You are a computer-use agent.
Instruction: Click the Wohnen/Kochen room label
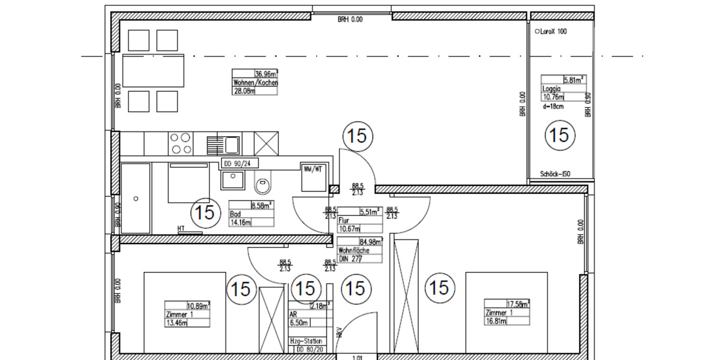255,83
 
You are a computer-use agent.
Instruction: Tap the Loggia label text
551,88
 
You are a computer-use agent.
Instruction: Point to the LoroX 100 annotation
551,32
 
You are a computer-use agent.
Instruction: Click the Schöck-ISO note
554,174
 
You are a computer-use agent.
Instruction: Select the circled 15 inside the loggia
559,135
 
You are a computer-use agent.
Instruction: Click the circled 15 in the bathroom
205,212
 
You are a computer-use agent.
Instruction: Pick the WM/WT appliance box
313,170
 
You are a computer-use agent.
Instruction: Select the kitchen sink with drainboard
223,143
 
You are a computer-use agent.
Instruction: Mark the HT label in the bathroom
181,229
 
